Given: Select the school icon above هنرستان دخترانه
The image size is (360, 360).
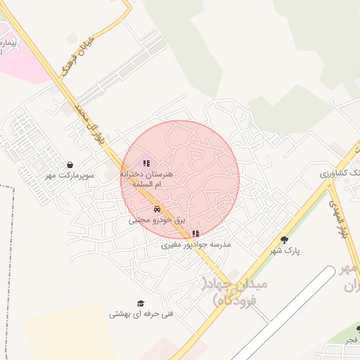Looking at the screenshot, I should coord(146,145).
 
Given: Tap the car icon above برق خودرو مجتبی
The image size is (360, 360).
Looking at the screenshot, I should coord(157,209).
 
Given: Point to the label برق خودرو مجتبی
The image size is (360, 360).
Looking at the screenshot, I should coord(157,220).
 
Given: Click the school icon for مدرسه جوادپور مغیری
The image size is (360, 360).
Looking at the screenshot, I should coord(195,233).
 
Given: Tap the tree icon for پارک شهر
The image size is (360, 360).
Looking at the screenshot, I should coord(285,239).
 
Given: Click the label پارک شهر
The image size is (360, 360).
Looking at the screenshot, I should coord(285,251).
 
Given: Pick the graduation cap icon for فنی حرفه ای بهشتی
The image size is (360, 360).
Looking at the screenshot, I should coord(141,303).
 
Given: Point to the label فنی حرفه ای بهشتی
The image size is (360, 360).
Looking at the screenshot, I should coord(141,314).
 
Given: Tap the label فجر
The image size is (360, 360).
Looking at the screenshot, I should coord(350,339).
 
